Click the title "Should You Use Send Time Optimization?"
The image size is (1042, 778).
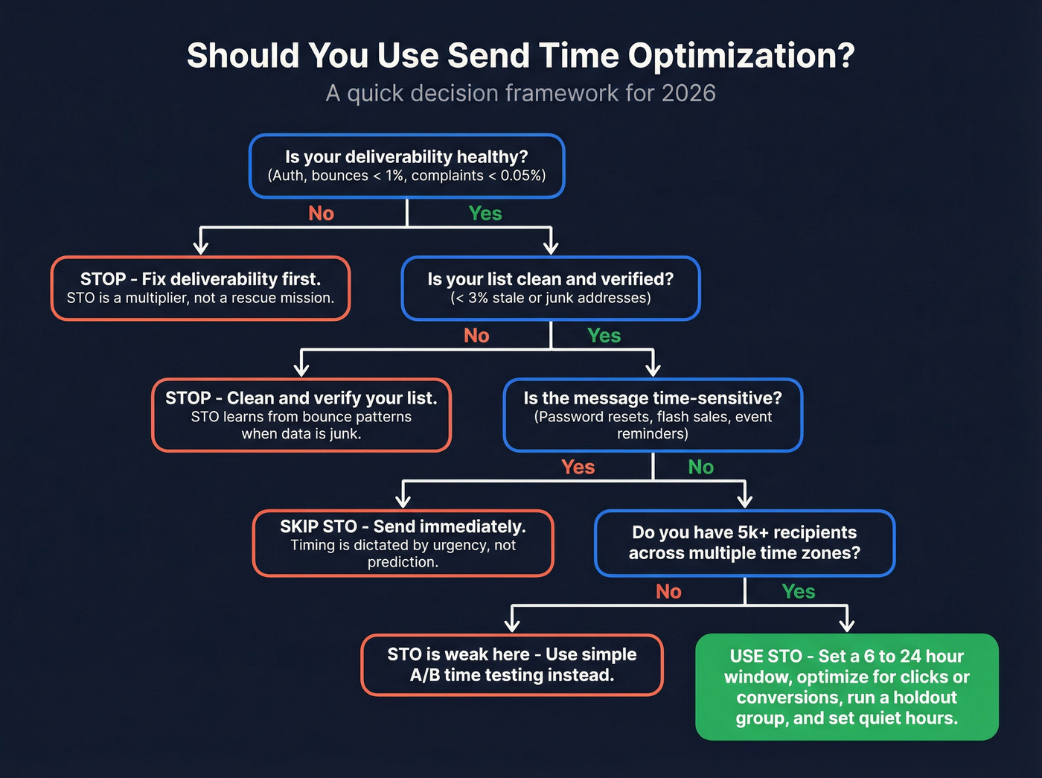click(520, 56)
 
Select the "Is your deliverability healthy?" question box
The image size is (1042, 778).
click(406, 166)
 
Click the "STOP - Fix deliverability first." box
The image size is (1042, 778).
click(200, 288)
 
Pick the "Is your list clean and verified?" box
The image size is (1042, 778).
click(550, 288)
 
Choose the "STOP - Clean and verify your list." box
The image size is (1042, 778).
click(301, 415)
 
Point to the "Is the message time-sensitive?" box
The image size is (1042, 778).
click(653, 415)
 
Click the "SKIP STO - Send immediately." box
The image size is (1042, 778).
click(403, 543)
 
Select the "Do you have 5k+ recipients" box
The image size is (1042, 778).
click(744, 543)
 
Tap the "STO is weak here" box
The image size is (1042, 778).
click(512, 665)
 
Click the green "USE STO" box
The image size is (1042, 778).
click(846, 686)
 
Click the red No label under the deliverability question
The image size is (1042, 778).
click(321, 214)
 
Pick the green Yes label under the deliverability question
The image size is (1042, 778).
click(485, 214)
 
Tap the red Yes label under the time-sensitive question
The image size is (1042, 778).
click(578, 468)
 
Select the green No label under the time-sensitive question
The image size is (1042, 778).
click(700, 468)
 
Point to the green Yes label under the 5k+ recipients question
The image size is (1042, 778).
click(798, 592)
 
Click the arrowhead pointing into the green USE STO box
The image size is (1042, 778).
click(846, 625)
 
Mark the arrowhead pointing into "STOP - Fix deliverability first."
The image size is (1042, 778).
click(200, 247)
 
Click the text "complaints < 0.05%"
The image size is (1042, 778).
click(478, 176)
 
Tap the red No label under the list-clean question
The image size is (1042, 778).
click(476, 336)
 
